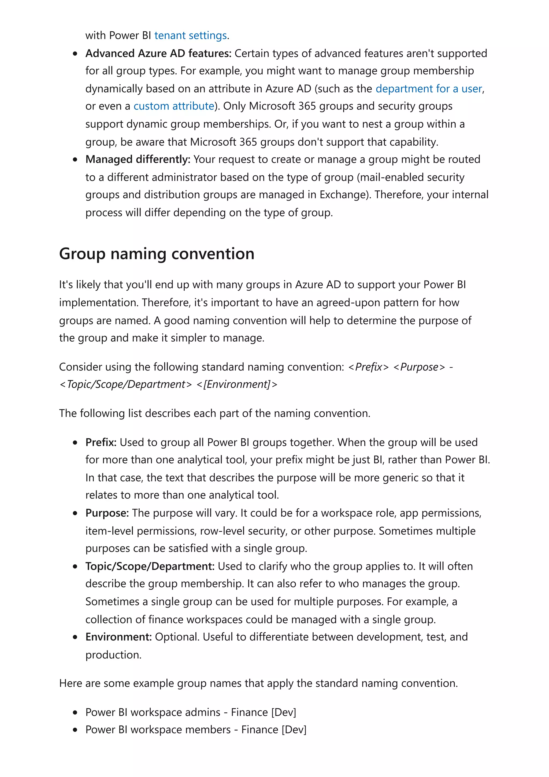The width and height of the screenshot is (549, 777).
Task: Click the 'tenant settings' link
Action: coord(190,36)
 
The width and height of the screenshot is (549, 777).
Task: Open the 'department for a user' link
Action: coord(429,89)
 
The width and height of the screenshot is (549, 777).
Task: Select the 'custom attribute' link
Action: coord(174,106)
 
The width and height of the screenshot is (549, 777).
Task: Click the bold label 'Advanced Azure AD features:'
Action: coord(158,53)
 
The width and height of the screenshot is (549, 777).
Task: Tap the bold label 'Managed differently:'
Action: coord(138,159)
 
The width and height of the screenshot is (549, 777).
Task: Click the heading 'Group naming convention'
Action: coord(157,254)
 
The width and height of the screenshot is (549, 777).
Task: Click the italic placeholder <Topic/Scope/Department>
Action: coord(125,385)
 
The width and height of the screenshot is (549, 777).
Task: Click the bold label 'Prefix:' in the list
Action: coord(101,443)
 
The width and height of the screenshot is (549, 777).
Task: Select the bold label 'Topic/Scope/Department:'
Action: coord(150,567)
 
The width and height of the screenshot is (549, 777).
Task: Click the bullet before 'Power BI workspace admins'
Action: coord(75,713)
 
